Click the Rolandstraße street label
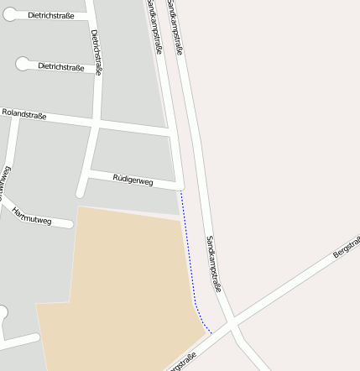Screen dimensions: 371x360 24,113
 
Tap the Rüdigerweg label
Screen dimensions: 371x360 133,179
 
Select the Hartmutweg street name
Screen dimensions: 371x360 32,217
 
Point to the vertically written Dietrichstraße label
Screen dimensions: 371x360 97,52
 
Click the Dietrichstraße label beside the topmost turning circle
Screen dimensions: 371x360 50,15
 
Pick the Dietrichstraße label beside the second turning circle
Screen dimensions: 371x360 60,66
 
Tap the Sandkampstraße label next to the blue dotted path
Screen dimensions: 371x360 213,264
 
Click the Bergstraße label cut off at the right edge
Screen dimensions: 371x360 345,247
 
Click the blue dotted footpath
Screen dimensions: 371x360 190,260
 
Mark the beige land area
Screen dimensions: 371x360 126,285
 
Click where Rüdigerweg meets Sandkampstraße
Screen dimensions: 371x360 179,185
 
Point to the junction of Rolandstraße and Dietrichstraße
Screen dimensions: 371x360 98,123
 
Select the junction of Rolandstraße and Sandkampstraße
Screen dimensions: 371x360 171,133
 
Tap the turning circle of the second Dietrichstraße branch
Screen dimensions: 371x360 22,64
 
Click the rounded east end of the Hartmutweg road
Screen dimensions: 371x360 68,224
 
